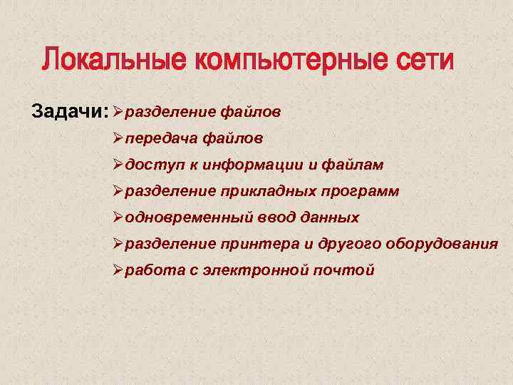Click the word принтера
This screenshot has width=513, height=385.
[x=259, y=244]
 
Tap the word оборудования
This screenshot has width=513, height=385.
[x=442, y=244]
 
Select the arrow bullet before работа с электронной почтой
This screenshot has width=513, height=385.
[x=118, y=270]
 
